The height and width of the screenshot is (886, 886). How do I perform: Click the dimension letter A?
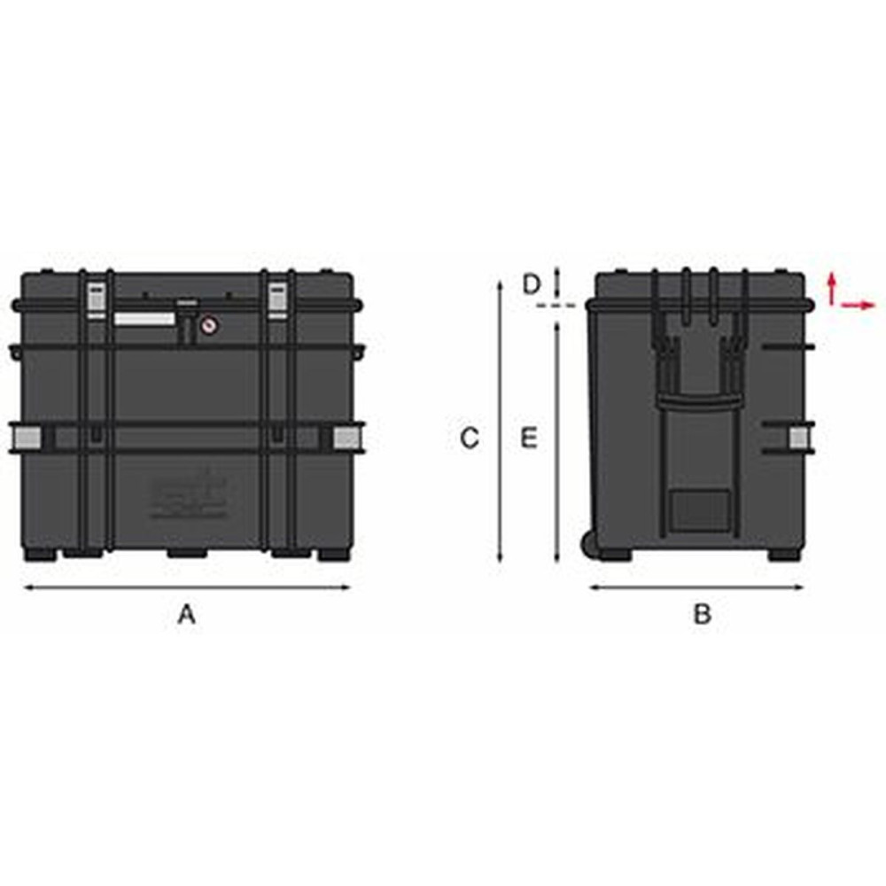[186, 613]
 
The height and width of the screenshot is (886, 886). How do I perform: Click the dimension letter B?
[702, 613]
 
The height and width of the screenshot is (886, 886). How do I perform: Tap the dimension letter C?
[470, 437]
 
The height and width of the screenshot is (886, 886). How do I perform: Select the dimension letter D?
[531, 284]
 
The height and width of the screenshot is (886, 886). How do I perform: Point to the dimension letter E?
[529, 437]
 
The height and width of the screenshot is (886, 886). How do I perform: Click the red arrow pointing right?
[858, 305]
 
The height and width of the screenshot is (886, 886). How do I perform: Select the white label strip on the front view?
[144, 318]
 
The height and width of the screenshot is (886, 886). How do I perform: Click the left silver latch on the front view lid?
[94, 299]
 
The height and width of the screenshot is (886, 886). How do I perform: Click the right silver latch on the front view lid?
[276, 299]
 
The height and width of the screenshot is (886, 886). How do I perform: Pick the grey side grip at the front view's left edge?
[28, 437]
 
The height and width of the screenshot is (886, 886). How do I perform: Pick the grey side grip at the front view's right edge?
[346, 437]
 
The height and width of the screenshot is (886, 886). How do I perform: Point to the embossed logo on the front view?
[187, 496]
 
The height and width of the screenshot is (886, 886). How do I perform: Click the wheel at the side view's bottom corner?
[587, 542]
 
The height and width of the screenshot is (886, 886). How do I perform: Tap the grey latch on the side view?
[800, 437]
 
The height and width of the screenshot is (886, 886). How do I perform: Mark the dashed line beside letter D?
[556, 305]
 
